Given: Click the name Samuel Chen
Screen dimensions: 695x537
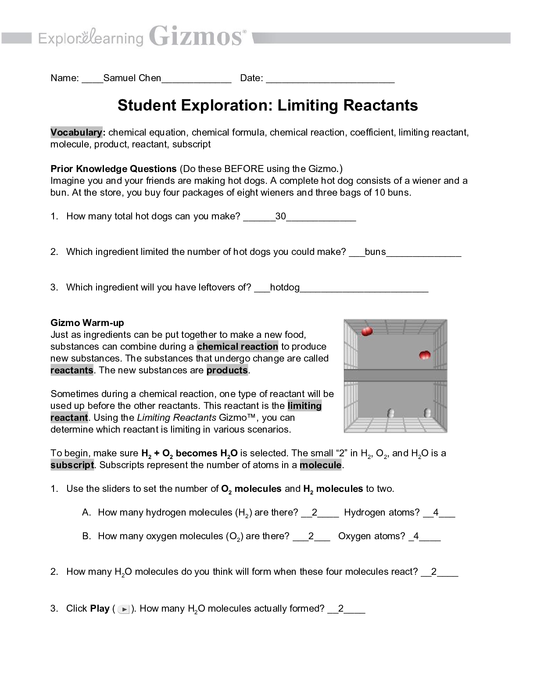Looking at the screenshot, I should [x=132, y=78].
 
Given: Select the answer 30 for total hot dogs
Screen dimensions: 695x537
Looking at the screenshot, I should [x=280, y=216].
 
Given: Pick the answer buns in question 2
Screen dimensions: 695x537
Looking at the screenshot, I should [x=375, y=252].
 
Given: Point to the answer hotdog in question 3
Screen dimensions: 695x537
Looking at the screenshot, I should [x=285, y=287].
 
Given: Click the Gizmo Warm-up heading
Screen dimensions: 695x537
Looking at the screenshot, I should [x=87, y=323].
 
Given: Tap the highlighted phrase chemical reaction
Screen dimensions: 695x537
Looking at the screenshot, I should [x=237, y=347].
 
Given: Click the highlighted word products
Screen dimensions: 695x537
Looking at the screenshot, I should [x=227, y=370].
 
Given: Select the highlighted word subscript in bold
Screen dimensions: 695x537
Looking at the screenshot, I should [x=72, y=465].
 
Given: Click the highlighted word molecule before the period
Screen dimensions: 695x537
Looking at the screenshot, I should [x=321, y=465].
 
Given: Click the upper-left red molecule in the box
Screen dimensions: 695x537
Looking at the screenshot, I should [x=367, y=331].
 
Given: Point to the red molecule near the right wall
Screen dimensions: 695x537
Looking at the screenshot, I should [x=425, y=355].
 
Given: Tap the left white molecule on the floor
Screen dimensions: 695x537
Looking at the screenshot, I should [x=391, y=413].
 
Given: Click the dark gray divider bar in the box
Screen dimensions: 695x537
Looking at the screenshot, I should [x=395, y=376].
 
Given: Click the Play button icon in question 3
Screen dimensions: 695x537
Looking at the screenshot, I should [x=124, y=609].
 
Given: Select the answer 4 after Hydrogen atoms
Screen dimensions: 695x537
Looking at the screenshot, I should [x=436, y=512].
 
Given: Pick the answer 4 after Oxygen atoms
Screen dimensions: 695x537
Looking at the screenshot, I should [x=416, y=536].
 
